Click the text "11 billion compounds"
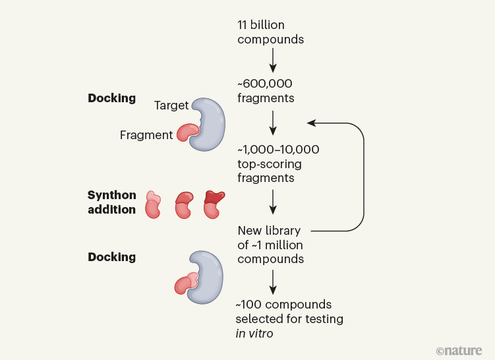270,32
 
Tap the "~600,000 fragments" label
266,91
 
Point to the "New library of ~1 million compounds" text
270,245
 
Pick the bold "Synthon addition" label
112,202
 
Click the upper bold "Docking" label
112,98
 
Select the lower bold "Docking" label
112,257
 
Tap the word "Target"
171,105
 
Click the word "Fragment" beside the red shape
146,135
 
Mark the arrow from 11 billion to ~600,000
273,61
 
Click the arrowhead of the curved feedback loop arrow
312,122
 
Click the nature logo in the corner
459,349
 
